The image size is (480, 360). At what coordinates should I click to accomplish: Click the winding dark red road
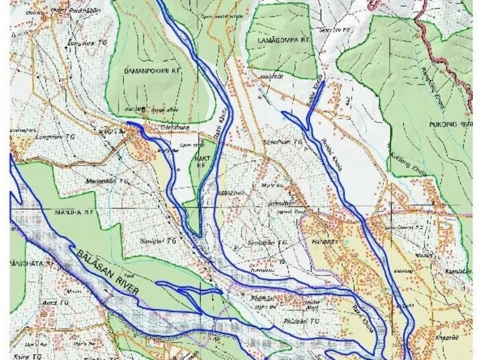pos(439,53)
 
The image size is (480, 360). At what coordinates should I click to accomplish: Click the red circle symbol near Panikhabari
pos(44,18)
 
